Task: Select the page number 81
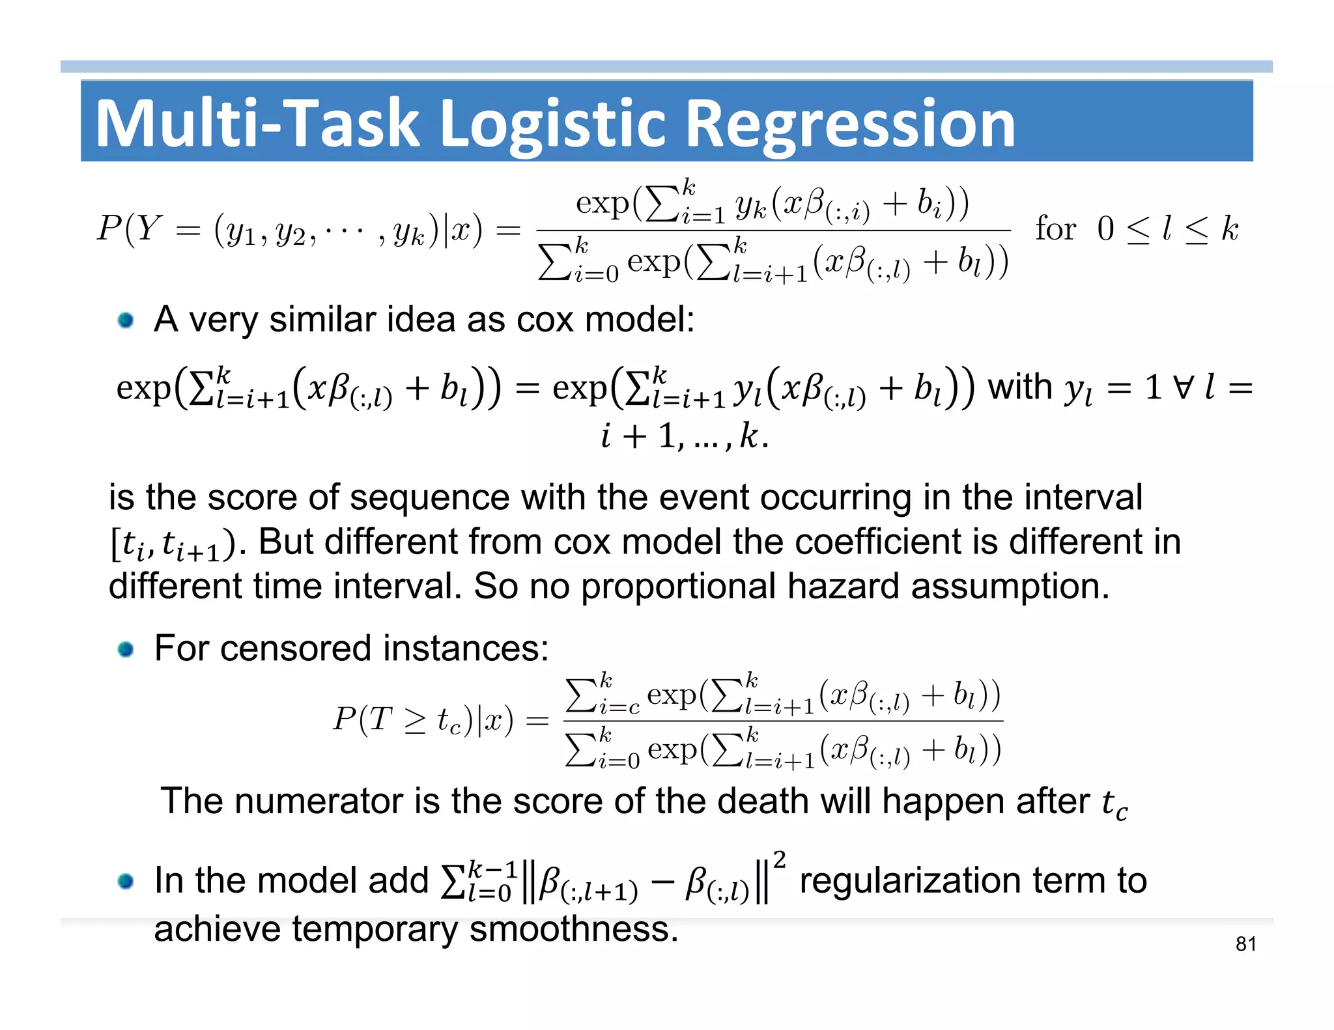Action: (x=1245, y=944)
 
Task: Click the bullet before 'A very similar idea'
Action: (x=126, y=320)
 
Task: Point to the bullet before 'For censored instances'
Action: (x=126, y=649)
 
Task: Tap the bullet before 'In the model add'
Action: (x=126, y=882)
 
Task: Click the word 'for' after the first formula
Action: (x=1055, y=229)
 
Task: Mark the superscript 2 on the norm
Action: (x=779, y=860)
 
